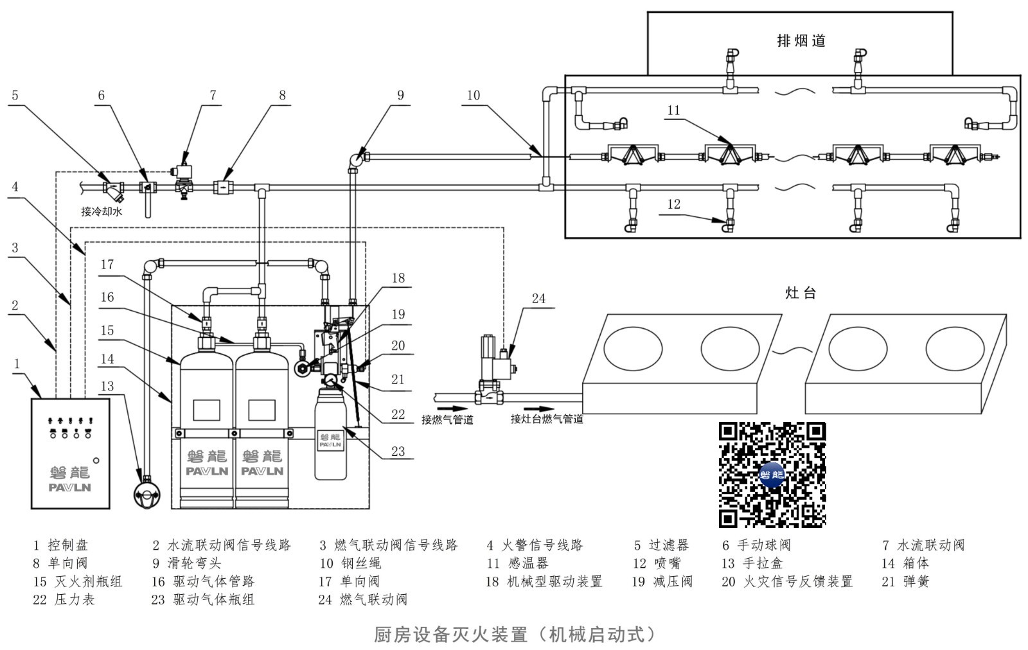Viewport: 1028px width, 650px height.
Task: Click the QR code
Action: [x=772, y=475]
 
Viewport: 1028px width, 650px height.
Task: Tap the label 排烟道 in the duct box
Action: [x=801, y=41]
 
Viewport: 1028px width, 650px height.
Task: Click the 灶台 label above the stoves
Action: [x=801, y=293]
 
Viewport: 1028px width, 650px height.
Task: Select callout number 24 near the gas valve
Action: [x=538, y=299]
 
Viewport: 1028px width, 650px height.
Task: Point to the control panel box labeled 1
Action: [x=70, y=453]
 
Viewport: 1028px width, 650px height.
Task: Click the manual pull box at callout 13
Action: [x=147, y=493]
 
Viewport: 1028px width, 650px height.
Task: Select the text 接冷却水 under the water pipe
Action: [x=102, y=211]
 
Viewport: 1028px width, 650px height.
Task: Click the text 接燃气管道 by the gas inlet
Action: [x=447, y=419]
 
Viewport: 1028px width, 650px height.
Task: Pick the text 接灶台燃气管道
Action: [x=547, y=419]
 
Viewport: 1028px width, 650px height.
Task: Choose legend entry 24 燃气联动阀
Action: [x=362, y=599]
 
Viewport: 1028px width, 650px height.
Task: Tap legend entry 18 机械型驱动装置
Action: [x=544, y=581]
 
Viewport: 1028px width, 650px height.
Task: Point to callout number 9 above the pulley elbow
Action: [x=400, y=96]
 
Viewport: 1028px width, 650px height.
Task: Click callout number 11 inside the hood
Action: [x=673, y=110]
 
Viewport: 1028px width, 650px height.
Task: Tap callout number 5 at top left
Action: [x=15, y=96]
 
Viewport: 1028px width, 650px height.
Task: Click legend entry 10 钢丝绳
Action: [x=350, y=563]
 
